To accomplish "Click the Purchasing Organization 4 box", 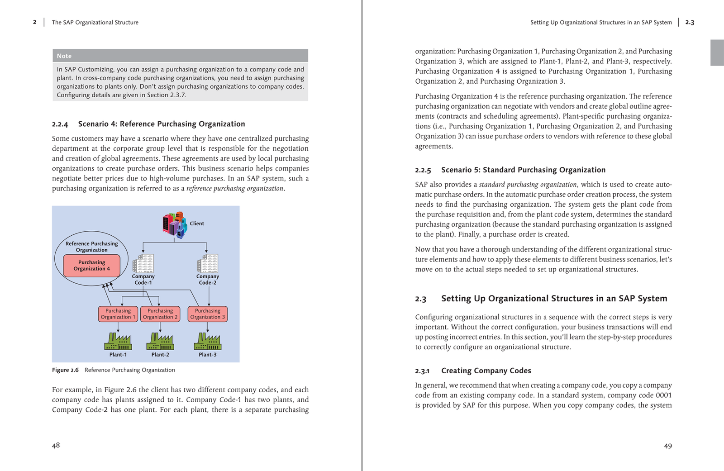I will click(x=91, y=266).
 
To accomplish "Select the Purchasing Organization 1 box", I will click(x=118, y=314).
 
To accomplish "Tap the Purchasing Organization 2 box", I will click(x=160, y=314).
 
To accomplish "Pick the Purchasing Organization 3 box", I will click(x=208, y=314).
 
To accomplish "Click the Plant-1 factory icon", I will click(x=118, y=342).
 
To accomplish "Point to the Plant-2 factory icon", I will click(x=160, y=342).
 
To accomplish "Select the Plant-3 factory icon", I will click(x=208, y=342).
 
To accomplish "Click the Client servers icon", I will click(x=175, y=224).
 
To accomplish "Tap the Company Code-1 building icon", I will click(x=143, y=264).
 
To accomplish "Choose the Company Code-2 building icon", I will click(x=208, y=264).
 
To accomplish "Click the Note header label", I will click(x=64, y=56).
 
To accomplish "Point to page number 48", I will click(x=56, y=445).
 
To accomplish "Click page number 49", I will click(x=668, y=446).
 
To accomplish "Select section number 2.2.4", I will click(x=60, y=124).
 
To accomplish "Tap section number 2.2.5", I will click(x=423, y=171).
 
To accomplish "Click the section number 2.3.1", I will click(x=422, y=371).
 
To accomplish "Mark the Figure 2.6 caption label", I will click(x=65, y=370).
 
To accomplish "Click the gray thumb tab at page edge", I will click(x=717, y=52).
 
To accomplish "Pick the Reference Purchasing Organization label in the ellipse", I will click(x=91, y=247).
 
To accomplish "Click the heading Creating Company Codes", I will click(x=486, y=371).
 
